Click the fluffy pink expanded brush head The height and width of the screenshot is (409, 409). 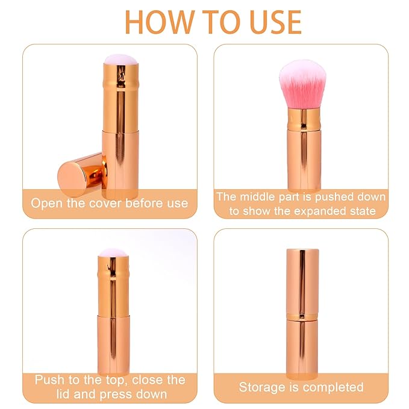pyautogui.click(x=302, y=83)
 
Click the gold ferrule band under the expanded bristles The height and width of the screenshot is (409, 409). pyautogui.click(x=302, y=119)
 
